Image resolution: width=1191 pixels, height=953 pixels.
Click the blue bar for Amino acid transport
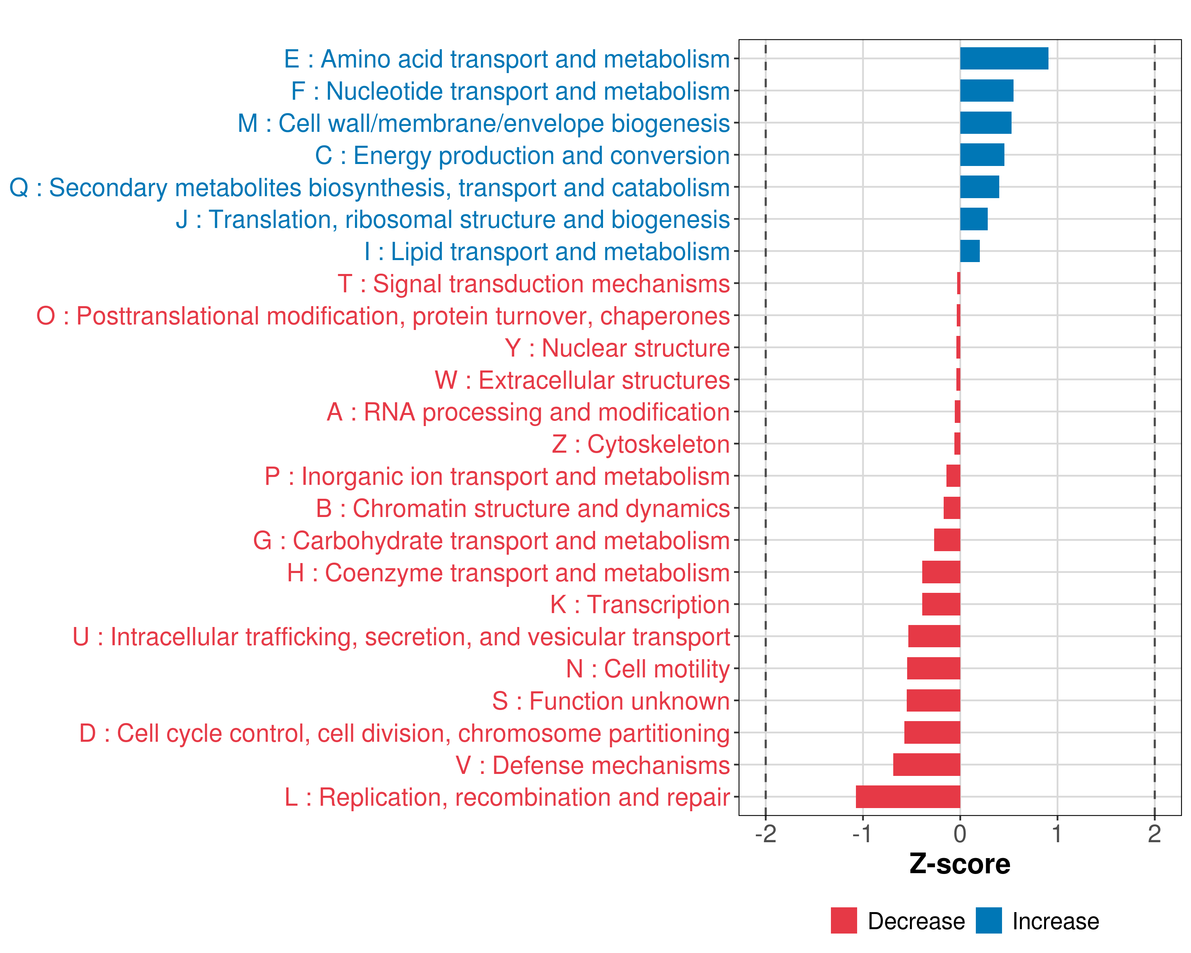pos(1004,58)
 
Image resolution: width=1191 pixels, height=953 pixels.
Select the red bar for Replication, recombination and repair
pos(908,797)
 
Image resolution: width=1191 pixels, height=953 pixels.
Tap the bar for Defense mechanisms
pos(926,765)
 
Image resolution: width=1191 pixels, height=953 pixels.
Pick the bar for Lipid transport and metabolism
pos(969,251)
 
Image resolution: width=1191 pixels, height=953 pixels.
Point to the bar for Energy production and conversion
pos(982,155)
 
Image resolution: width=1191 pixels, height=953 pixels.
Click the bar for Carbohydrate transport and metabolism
pos(947,540)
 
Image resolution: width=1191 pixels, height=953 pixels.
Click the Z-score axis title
pos(960,864)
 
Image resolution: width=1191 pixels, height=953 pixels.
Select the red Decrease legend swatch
pos(844,920)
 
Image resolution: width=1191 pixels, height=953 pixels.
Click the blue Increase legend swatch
pos(988,920)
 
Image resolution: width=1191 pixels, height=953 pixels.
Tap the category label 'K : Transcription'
pos(640,605)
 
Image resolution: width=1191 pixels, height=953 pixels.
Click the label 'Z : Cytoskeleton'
pos(641,444)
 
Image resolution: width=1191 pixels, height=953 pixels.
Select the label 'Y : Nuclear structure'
pos(617,348)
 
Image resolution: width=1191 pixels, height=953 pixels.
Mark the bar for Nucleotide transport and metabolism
pos(987,91)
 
